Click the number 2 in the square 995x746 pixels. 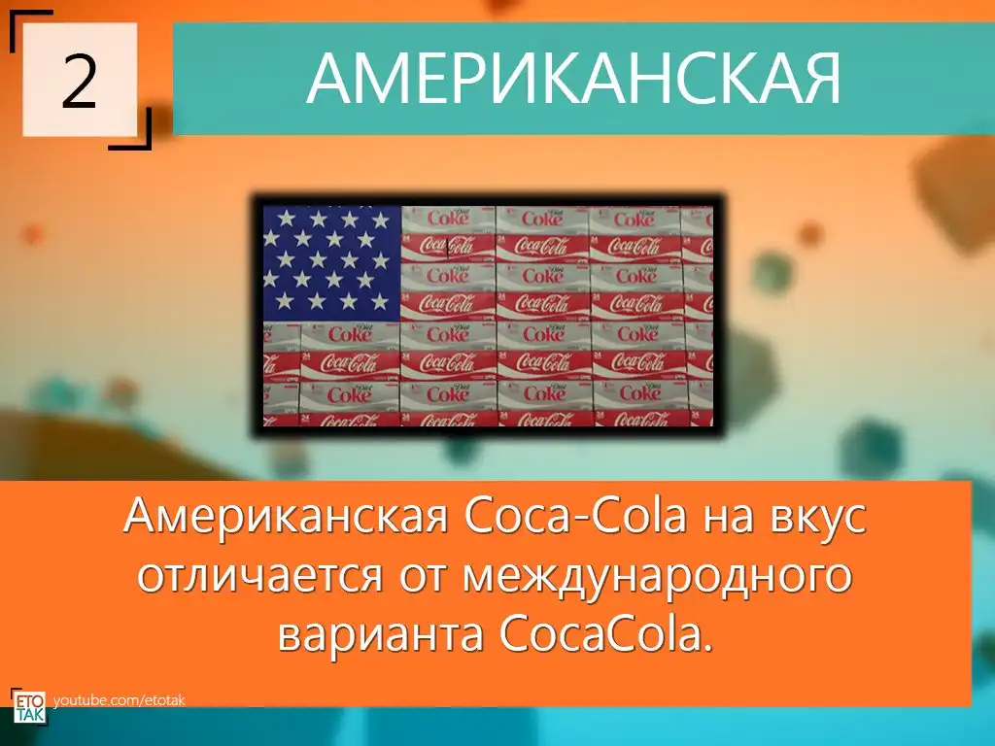coord(80,81)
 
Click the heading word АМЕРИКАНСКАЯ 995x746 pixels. coord(573,79)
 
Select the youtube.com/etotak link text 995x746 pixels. coord(120,701)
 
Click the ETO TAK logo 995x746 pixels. coord(29,705)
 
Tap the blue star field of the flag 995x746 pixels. coord(332,263)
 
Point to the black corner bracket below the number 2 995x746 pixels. coord(131,129)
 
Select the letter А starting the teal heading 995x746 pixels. coord(328,79)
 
